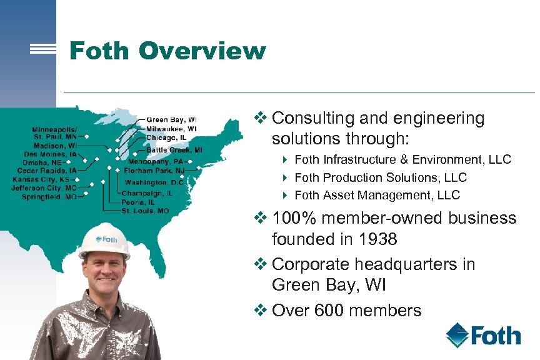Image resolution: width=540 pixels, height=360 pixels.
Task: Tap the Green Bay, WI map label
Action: [171, 119]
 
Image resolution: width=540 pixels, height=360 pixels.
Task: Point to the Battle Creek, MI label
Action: [174, 150]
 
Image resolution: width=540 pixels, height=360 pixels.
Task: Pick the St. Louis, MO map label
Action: [145, 211]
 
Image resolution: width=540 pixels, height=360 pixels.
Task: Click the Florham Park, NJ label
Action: [154, 169]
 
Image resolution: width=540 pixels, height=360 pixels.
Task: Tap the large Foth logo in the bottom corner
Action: [483, 336]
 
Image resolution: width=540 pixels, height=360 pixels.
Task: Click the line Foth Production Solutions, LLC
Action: [380, 177]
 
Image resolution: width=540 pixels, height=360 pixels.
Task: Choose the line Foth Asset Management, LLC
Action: [377, 195]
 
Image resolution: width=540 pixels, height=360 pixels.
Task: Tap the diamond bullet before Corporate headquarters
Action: [262, 264]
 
